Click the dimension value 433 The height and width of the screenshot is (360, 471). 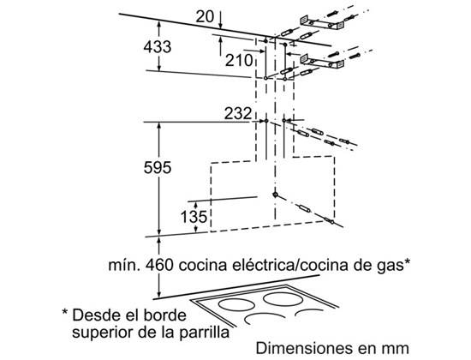(x=158, y=47)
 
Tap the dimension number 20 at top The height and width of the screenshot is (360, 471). (x=205, y=16)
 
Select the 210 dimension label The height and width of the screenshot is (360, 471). (x=239, y=61)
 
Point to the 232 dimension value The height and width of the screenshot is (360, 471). (x=238, y=113)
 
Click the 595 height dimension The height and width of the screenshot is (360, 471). (x=158, y=167)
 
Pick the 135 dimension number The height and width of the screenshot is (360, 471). (x=194, y=217)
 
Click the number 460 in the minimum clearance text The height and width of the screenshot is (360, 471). (x=159, y=265)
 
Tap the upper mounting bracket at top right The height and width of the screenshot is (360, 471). (x=322, y=22)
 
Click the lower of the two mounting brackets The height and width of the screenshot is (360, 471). (x=322, y=61)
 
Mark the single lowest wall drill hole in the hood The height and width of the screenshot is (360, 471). (x=275, y=195)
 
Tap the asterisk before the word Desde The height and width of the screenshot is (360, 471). (x=65, y=312)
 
